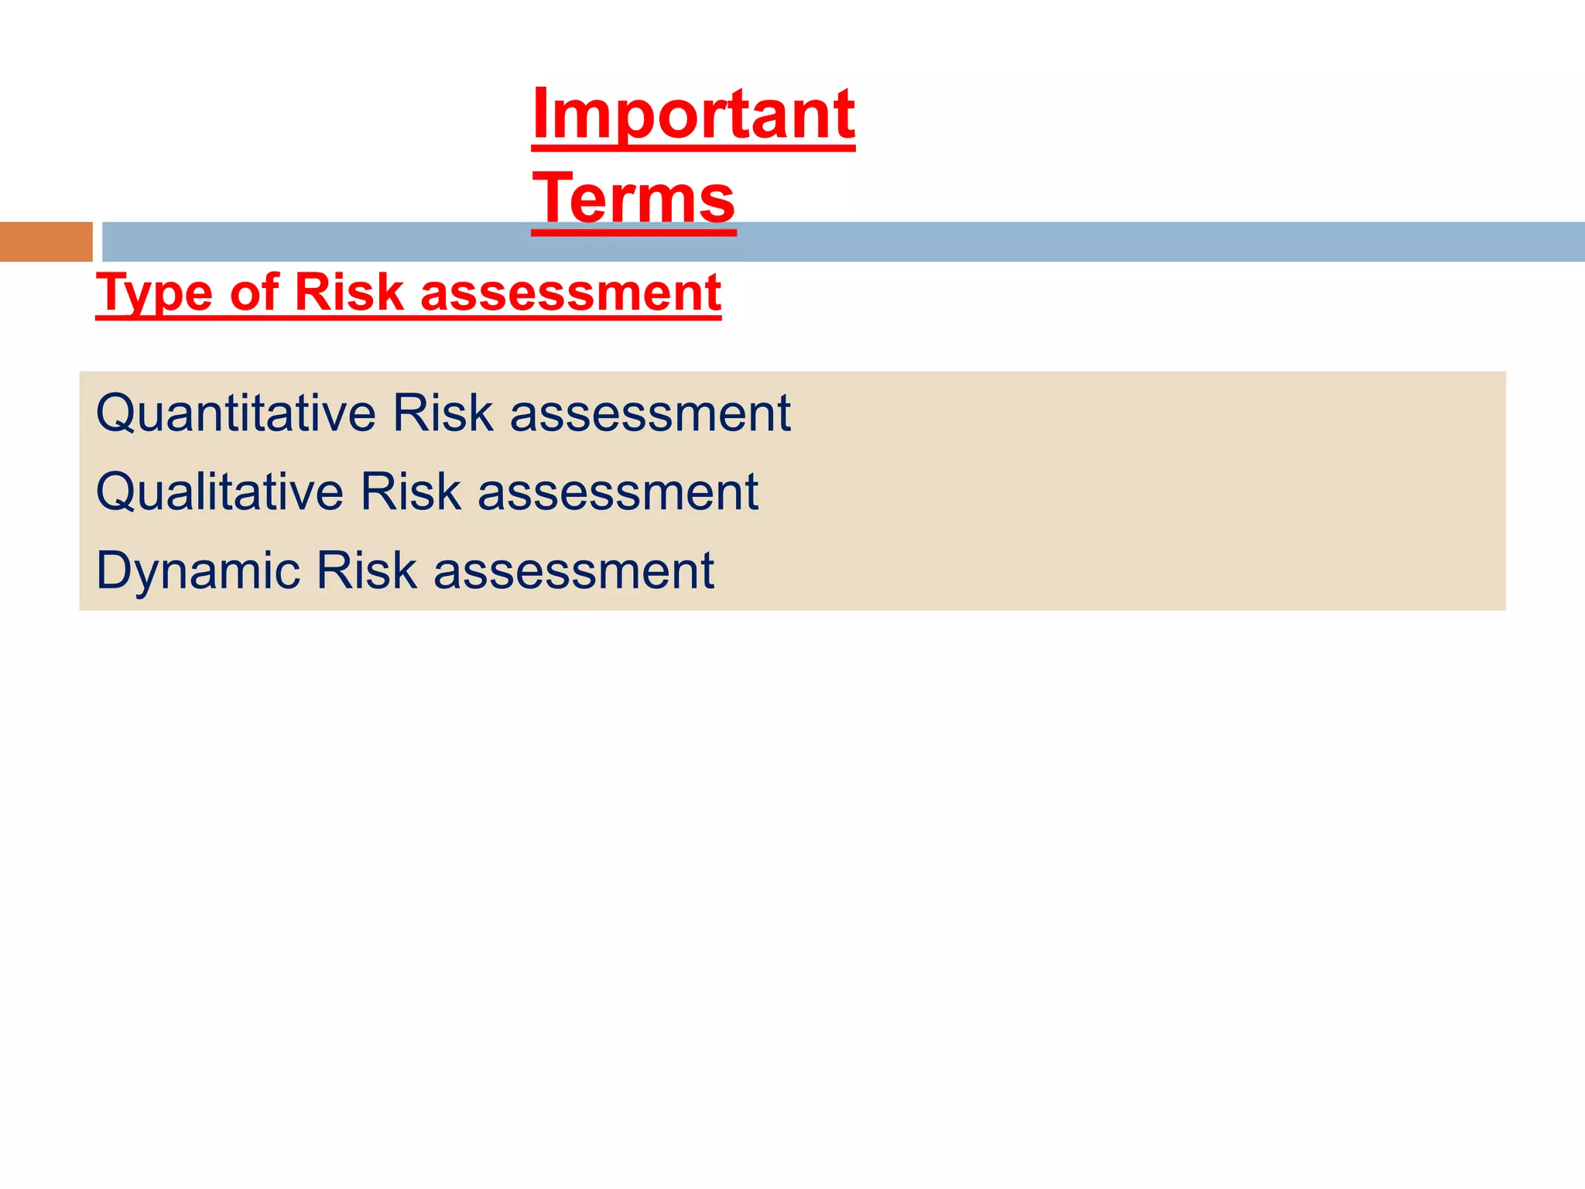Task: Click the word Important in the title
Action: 693,115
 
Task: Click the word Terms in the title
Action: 634,199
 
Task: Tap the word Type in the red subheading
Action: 154,293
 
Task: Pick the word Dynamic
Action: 197,571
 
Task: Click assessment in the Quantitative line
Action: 650,413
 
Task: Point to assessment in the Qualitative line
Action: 618,492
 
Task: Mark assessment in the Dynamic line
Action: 573,571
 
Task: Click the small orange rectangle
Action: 46,242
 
